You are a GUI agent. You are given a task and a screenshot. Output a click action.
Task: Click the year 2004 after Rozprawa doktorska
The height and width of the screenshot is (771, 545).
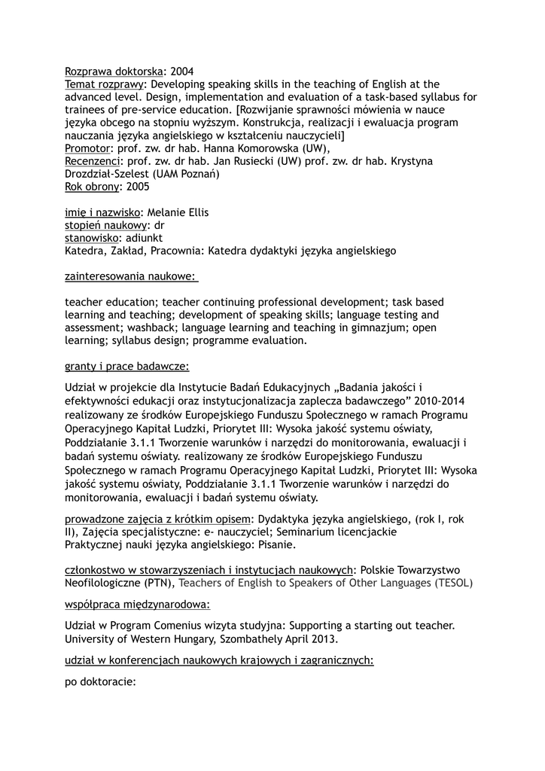[x=182, y=72]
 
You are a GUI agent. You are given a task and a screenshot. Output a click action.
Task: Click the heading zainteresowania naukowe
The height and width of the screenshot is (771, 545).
[x=130, y=276]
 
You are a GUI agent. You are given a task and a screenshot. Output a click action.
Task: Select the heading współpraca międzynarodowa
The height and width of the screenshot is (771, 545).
[x=136, y=604]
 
